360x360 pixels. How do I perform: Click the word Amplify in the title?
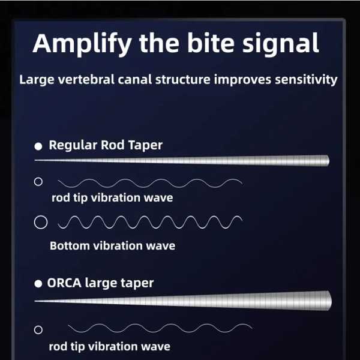[x=82, y=44]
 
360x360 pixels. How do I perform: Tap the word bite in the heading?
[x=211, y=43]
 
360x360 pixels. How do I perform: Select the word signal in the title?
[x=280, y=44]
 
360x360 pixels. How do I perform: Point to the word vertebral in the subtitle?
[x=86, y=79]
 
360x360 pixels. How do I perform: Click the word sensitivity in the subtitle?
[x=306, y=80]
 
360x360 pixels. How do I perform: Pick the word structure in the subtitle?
[x=183, y=79]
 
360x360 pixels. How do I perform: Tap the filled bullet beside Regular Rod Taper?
[x=38, y=146]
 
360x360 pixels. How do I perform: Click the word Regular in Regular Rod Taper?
[x=73, y=145]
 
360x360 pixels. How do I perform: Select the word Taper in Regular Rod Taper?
[x=145, y=145]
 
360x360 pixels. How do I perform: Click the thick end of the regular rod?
[x=328, y=160]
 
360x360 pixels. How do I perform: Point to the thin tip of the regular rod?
[x=35, y=160]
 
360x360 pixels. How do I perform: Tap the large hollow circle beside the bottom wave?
[x=41, y=222]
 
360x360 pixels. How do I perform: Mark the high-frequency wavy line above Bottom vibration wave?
[x=150, y=222]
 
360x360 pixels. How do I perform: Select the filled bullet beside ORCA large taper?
[x=38, y=284]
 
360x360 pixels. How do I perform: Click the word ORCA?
[x=64, y=283]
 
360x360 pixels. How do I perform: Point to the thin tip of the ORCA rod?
[x=35, y=301]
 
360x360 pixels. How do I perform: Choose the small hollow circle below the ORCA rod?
[x=38, y=330]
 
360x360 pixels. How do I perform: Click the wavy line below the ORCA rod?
[x=160, y=328]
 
